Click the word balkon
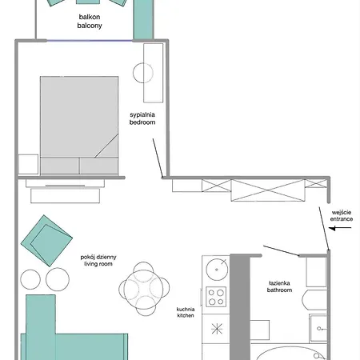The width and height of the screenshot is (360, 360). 90,17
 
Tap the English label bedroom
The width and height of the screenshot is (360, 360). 142,122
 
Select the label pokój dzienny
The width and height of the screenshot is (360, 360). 98,257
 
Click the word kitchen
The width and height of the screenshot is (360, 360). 186,315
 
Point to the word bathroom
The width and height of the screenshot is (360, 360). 279,290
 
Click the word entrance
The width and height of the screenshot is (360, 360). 342,219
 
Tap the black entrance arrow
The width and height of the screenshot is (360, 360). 340,228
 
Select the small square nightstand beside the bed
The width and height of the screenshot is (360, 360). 28,164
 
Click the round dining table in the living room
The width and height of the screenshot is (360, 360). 143,289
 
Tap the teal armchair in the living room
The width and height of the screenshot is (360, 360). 46,241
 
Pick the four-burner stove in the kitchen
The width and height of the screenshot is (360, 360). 216,297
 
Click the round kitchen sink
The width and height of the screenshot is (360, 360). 217,270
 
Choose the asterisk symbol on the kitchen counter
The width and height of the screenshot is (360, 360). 217,329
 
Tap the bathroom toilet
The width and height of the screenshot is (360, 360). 314,300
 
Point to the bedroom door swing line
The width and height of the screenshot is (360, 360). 158,158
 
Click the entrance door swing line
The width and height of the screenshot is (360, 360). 324,229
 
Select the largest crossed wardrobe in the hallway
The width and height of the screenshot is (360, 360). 268,190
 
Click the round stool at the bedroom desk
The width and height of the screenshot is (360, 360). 143,73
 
